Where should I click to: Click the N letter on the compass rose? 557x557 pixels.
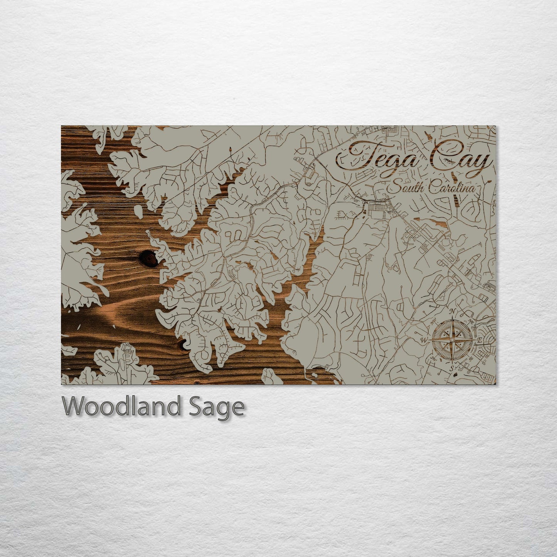(x=454, y=312)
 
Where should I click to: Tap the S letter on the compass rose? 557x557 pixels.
(x=451, y=369)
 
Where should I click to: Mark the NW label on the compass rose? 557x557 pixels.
(x=433, y=321)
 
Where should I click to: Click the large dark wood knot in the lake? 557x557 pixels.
(x=149, y=257)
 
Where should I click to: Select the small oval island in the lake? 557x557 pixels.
(x=138, y=210)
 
